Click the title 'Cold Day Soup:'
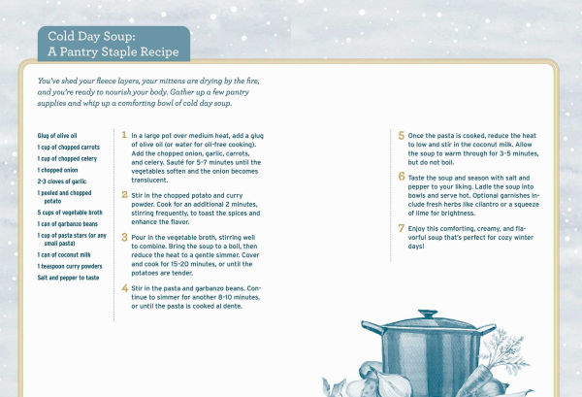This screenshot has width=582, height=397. (x=94, y=35)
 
